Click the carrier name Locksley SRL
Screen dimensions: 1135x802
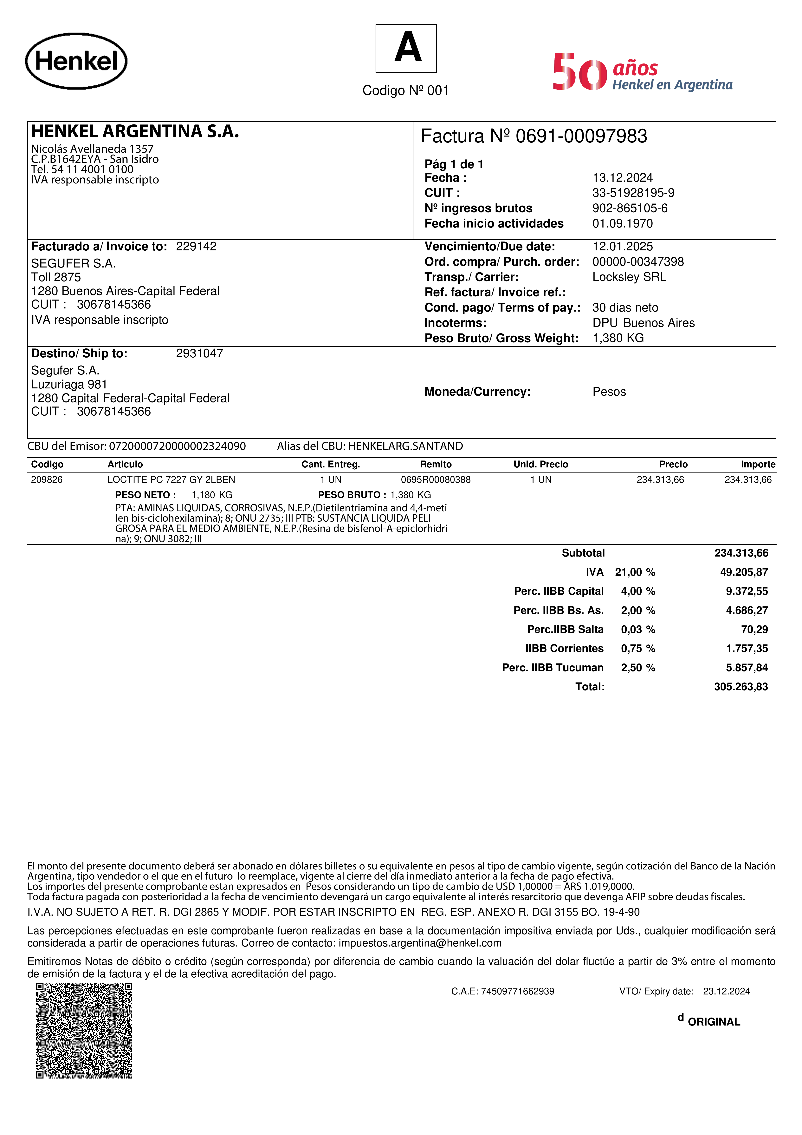point(629,277)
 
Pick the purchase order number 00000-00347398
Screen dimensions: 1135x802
point(638,261)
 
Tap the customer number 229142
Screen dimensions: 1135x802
point(196,246)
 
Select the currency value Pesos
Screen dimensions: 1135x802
point(609,392)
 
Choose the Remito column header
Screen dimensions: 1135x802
point(435,464)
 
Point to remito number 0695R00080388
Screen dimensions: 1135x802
point(435,479)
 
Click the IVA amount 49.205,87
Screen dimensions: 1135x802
point(744,572)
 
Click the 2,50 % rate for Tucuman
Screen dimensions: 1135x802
point(637,667)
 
